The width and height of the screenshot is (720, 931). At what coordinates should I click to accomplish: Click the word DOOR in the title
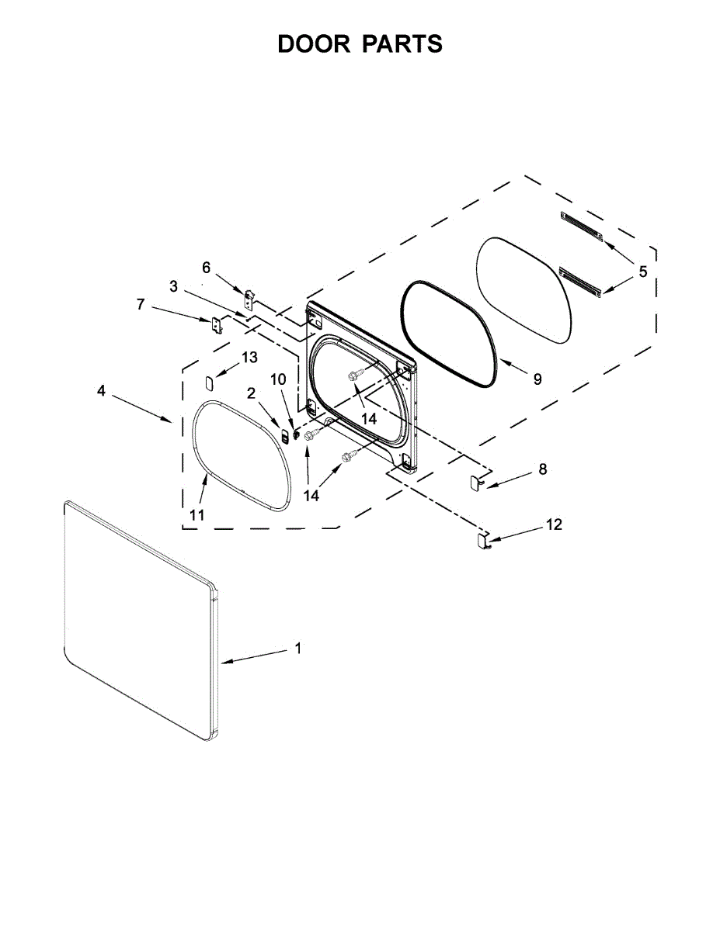314,43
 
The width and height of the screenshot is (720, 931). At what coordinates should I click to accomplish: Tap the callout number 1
298,649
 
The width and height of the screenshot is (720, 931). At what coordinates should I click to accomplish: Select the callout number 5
643,272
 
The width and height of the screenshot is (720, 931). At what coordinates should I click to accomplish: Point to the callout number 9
537,379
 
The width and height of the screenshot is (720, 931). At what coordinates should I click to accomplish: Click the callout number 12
554,524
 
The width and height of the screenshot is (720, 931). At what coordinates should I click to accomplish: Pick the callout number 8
543,469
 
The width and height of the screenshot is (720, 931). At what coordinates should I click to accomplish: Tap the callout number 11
197,515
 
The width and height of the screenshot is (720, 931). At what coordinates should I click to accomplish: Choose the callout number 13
249,357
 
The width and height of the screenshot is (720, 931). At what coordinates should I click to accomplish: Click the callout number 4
101,390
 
